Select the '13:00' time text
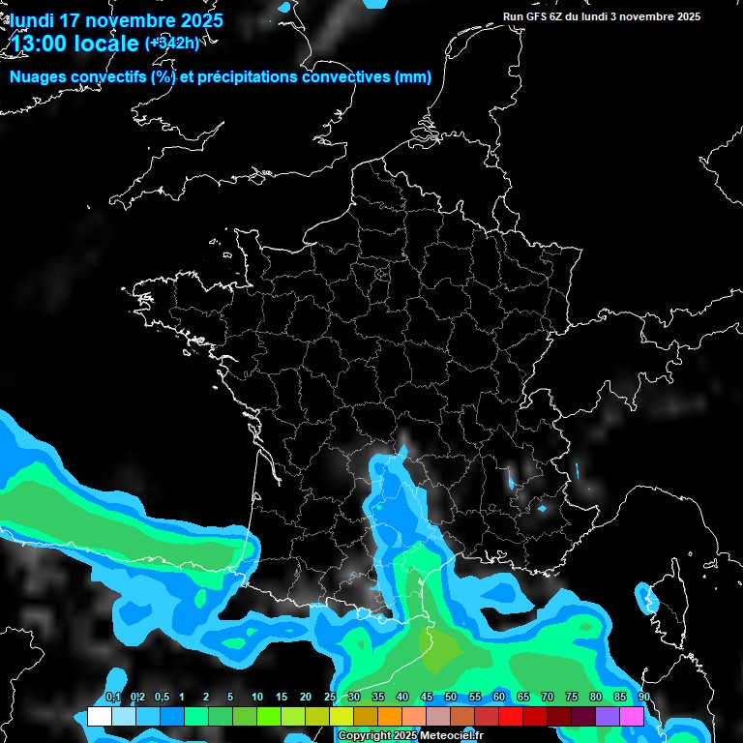point(42,44)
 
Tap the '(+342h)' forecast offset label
point(171,44)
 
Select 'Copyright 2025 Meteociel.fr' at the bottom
point(410,736)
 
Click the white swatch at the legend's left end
point(99,717)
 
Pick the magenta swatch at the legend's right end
point(632,717)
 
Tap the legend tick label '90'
point(643,698)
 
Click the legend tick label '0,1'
point(113,698)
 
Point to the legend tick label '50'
point(451,698)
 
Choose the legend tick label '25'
point(330,698)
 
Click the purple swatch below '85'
point(608,717)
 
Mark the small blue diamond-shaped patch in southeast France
point(542,508)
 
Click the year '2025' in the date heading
point(195,20)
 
